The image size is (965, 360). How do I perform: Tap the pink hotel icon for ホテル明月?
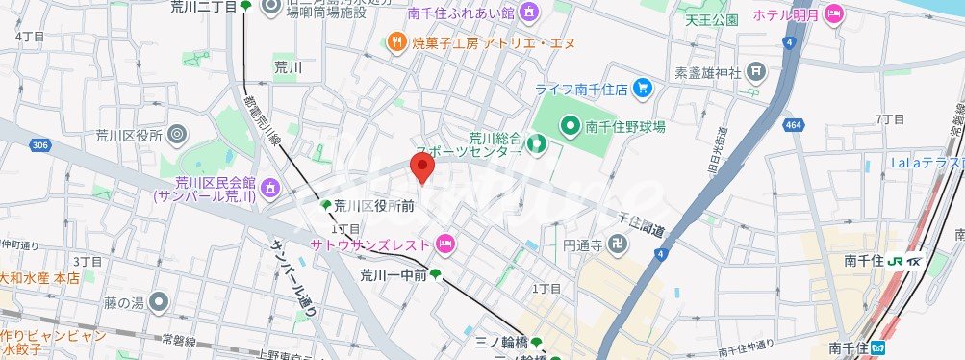pyautogui.click(x=834, y=15)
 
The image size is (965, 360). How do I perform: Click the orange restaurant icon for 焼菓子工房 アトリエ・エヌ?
pyautogui.click(x=395, y=41)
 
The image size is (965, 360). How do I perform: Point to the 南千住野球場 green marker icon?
pyautogui.click(x=569, y=125)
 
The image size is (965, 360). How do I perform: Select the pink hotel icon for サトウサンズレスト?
pyautogui.click(x=444, y=244)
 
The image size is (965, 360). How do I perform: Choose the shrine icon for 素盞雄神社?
pyautogui.click(x=757, y=71)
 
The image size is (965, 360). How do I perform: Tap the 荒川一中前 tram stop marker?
pyautogui.click(x=436, y=274)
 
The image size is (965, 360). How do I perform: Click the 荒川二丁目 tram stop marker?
pyautogui.click(x=246, y=7)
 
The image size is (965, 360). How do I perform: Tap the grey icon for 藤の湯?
pyautogui.click(x=159, y=303)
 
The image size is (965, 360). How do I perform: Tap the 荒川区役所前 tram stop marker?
pyautogui.click(x=326, y=205)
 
